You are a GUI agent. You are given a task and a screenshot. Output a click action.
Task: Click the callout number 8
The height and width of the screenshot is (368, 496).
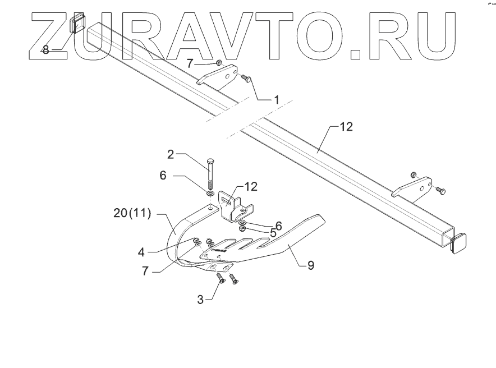[x=46, y=50]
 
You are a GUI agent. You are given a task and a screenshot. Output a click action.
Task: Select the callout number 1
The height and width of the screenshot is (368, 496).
[x=276, y=99]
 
